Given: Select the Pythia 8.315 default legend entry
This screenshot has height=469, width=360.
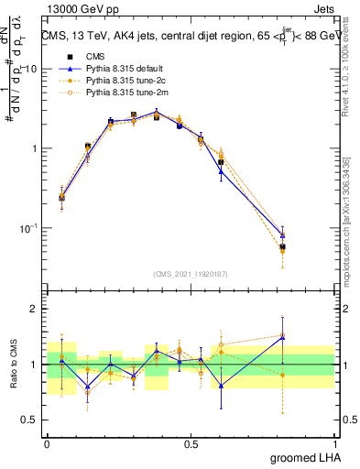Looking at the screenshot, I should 122,69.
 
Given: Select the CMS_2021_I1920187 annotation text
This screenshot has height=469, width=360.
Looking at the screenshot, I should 190,273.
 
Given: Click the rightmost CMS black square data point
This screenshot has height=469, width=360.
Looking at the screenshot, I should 282,247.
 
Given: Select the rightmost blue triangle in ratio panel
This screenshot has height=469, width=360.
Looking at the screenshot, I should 282,337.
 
